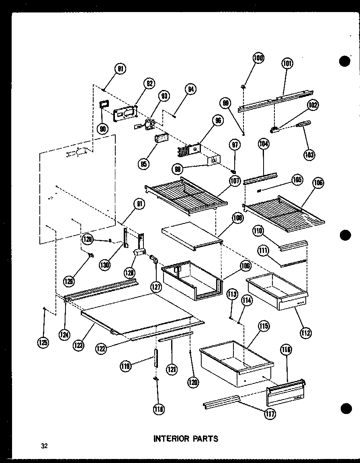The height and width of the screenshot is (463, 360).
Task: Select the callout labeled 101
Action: pyautogui.click(x=287, y=63)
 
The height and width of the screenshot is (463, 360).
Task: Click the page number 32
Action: pyautogui.click(x=44, y=446)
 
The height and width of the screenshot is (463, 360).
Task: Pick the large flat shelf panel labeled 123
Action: pyautogui.click(x=141, y=313)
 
